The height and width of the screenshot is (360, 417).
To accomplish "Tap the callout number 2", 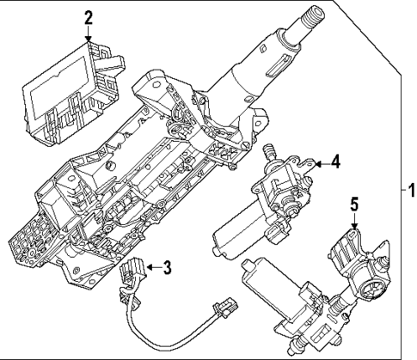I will pyautogui.click(x=89, y=16).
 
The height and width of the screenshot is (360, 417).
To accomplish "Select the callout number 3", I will pyautogui.click(x=169, y=267).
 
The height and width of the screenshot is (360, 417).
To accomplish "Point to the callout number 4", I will pyautogui.click(x=336, y=160).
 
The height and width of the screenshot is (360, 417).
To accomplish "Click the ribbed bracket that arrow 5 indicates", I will pyautogui.click(x=346, y=248).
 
